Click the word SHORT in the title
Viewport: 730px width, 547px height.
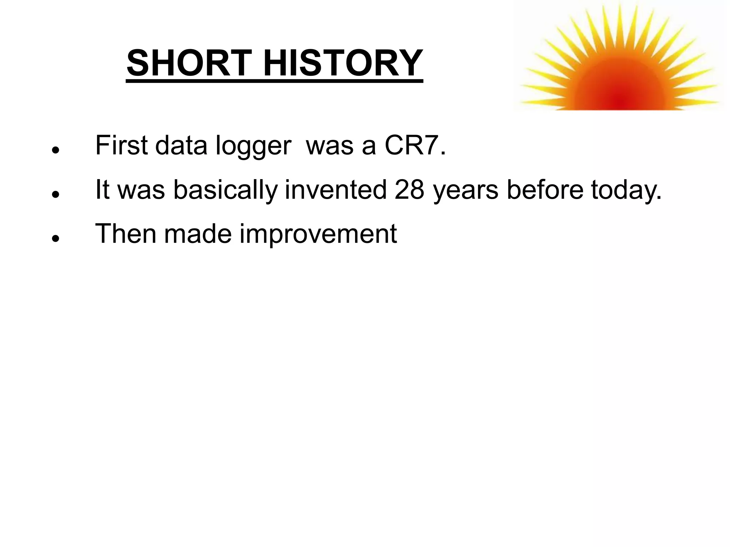tap(189, 63)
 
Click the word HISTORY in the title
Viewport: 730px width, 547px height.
tap(343, 63)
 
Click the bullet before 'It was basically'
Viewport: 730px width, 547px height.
tap(55, 194)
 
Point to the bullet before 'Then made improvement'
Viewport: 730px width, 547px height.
tap(55, 238)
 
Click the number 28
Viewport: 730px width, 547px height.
tap(410, 189)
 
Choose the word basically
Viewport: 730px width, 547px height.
tap(225, 190)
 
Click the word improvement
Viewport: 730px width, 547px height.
tap(318, 234)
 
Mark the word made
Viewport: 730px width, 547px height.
tap(198, 234)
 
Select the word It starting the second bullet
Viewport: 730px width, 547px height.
tap(102, 189)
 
